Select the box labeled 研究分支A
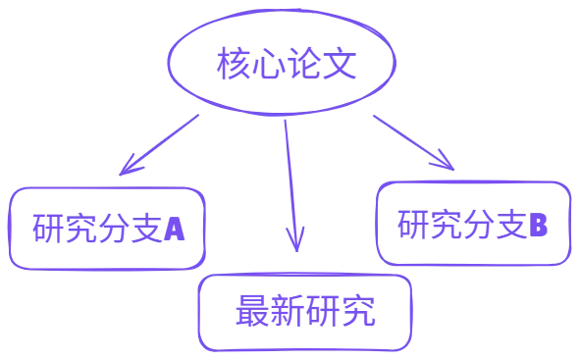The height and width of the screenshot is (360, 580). click(108, 228)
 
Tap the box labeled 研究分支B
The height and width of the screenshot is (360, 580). click(473, 223)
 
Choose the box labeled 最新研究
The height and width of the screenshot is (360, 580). click(305, 313)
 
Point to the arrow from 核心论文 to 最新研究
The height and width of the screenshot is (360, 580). click(289, 177)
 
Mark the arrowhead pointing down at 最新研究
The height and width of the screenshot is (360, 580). click(294, 240)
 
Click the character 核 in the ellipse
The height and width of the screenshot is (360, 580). click(231, 67)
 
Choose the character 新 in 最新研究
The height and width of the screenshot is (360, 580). click(288, 314)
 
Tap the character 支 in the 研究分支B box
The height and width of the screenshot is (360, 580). click(509, 224)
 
